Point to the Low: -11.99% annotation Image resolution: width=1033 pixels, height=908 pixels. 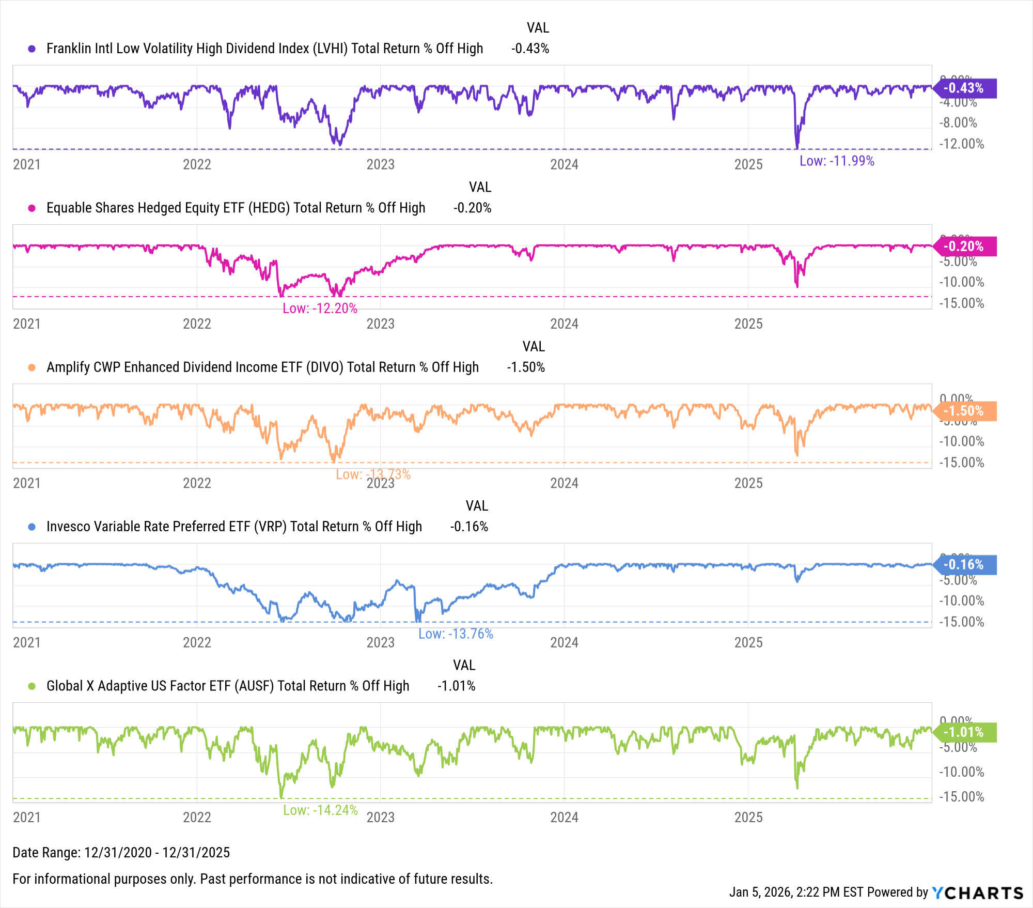pyautogui.click(x=837, y=161)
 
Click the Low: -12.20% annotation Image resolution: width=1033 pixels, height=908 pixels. pyautogui.click(x=320, y=309)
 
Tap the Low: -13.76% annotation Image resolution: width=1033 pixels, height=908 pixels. pyautogui.click(x=456, y=634)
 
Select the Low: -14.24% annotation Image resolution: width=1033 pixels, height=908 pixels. pyautogui.click(x=320, y=810)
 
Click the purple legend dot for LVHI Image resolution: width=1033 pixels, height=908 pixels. pyautogui.click(x=32, y=49)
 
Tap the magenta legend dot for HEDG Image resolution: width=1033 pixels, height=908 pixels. pyautogui.click(x=32, y=208)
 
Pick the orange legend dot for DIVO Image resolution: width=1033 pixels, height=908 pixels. pyautogui.click(x=32, y=367)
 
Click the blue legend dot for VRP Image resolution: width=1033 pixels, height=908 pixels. pyautogui.click(x=32, y=527)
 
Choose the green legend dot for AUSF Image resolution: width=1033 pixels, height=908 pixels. pyautogui.click(x=32, y=686)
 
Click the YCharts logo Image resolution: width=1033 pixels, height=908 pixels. pyautogui.click(x=977, y=892)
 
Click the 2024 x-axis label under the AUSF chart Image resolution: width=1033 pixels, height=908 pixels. pyautogui.click(x=564, y=817)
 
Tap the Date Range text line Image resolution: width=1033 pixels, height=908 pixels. pyautogui.click(x=121, y=852)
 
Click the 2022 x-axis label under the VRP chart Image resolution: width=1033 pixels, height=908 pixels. pyautogui.click(x=197, y=642)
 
